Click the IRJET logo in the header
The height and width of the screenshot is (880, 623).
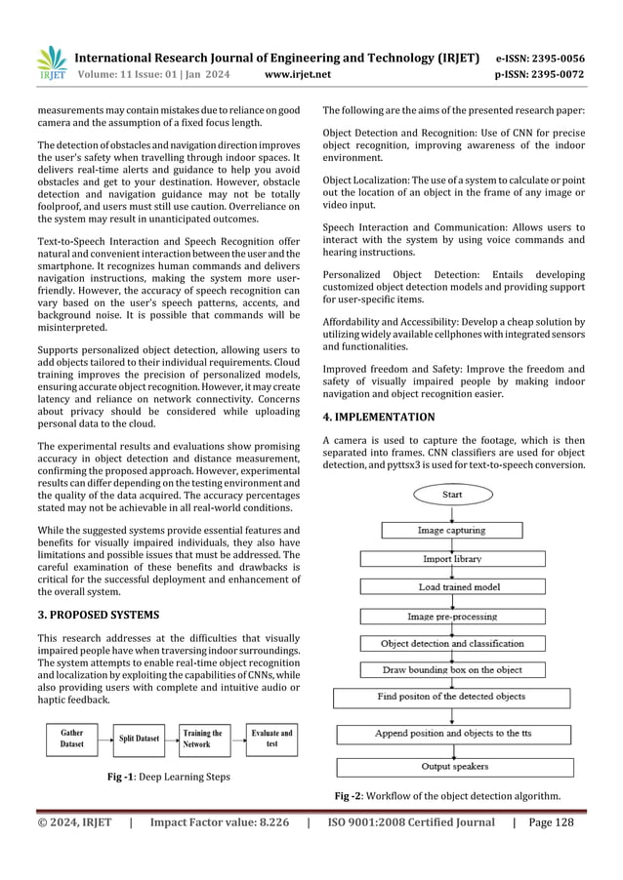click(52, 61)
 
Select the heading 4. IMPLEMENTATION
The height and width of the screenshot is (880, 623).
click(379, 417)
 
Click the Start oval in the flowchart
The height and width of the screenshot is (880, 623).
click(452, 495)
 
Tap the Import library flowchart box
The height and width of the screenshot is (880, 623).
click(451, 559)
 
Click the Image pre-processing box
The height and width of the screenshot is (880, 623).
click(451, 617)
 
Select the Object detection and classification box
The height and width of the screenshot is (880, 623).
click(451, 644)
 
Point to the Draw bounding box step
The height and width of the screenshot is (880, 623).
click(451, 670)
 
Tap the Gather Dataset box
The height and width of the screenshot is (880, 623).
click(72, 739)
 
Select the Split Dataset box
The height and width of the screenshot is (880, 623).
click(140, 739)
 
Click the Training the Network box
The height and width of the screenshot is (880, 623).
click(202, 739)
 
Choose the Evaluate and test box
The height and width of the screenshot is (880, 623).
click(271, 739)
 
